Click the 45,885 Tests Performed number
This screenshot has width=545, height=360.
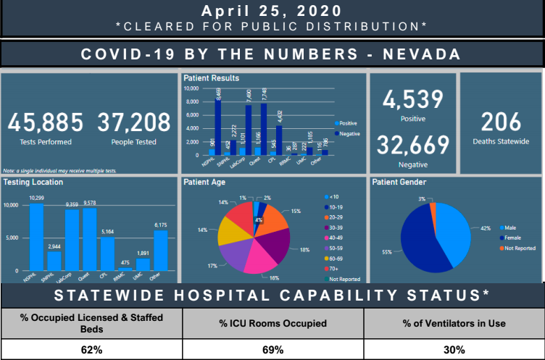pyautogui.click(x=46, y=122)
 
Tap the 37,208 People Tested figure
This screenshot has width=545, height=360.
pyautogui.click(x=134, y=122)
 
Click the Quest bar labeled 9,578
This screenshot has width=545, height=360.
pyautogui.click(x=89, y=239)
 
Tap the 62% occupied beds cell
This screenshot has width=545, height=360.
pyautogui.click(x=91, y=348)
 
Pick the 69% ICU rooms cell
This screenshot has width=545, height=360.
pyautogui.click(x=272, y=348)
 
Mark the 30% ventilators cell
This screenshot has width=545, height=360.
pyautogui.click(x=454, y=348)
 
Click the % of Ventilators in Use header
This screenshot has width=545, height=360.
pyautogui.click(x=454, y=323)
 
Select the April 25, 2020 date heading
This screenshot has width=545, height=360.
pyautogui.click(x=272, y=11)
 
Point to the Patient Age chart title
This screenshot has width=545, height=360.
pyautogui.click(x=204, y=182)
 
